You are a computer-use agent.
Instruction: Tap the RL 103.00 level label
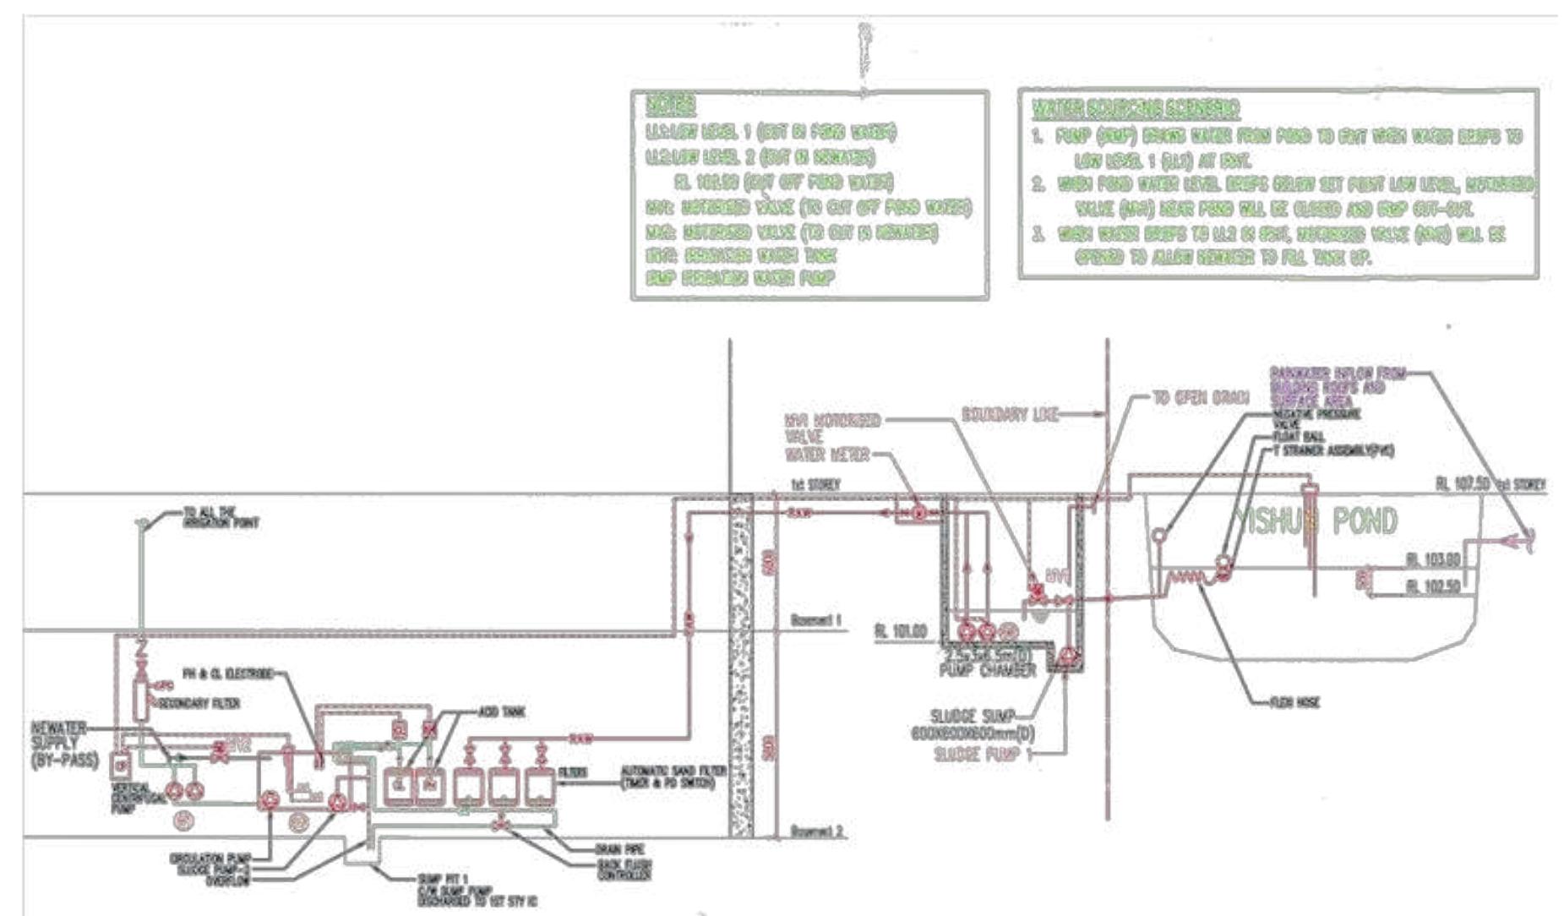click(1432, 559)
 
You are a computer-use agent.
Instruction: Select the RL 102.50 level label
click(1432, 586)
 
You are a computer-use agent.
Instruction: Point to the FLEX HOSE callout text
click(1294, 702)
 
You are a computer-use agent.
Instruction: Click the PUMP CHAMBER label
click(987, 670)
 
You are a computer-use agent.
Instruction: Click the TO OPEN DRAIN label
click(1201, 397)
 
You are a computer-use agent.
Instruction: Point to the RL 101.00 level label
click(901, 631)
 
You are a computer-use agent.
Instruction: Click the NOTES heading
click(670, 106)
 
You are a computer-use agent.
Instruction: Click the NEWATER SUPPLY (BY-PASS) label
click(64, 743)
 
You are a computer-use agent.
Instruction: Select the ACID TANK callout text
click(501, 712)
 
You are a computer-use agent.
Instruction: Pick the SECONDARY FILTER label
click(199, 703)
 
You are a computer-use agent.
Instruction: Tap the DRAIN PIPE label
click(619, 848)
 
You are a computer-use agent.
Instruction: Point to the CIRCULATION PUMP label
click(210, 859)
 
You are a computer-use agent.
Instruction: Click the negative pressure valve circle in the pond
click(1160, 534)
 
